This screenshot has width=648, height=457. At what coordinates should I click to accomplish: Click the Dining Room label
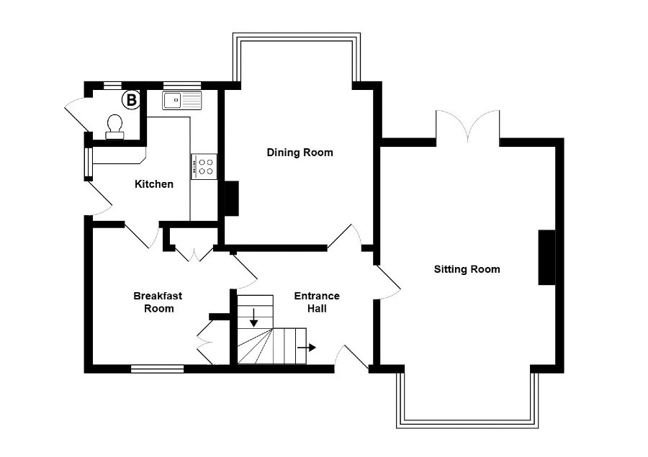pyautogui.click(x=300, y=153)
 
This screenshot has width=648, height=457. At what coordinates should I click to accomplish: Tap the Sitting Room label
pyautogui.click(x=467, y=269)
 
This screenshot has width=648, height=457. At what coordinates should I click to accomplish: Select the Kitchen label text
pyautogui.click(x=154, y=184)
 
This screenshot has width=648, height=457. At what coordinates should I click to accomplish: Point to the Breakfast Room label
pyautogui.click(x=158, y=302)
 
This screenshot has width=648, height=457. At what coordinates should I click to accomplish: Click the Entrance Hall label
pyautogui.click(x=317, y=302)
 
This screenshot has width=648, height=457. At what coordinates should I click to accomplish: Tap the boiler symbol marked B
pyautogui.click(x=131, y=100)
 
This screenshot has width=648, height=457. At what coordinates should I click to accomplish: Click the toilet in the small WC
pyautogui.click(x=114, y=127)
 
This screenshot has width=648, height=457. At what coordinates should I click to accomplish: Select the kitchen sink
pyautogui.click(x=182, y=101)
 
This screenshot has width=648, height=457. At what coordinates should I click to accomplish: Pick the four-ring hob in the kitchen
pyautogui.click(x=204, y=166)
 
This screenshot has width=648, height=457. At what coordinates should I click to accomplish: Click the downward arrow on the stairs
pyautogui.click(x=253, y=317)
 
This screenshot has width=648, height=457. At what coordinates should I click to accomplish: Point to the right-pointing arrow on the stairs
pyautogui.click(x=306, y=348)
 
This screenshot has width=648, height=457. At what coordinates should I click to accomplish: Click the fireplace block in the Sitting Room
pyautogui.click(x=546, y=258)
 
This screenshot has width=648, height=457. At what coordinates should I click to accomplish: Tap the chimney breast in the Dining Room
pyautogui.click(x=231, y=199)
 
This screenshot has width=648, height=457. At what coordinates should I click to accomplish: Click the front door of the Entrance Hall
pyautogui.click(x=351, y=358)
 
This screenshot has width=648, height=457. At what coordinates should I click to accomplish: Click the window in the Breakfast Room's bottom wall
pyautogui.click(x=158, y=368)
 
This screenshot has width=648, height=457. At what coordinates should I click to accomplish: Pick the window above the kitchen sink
pyautogui.click(x=182, y=86)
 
